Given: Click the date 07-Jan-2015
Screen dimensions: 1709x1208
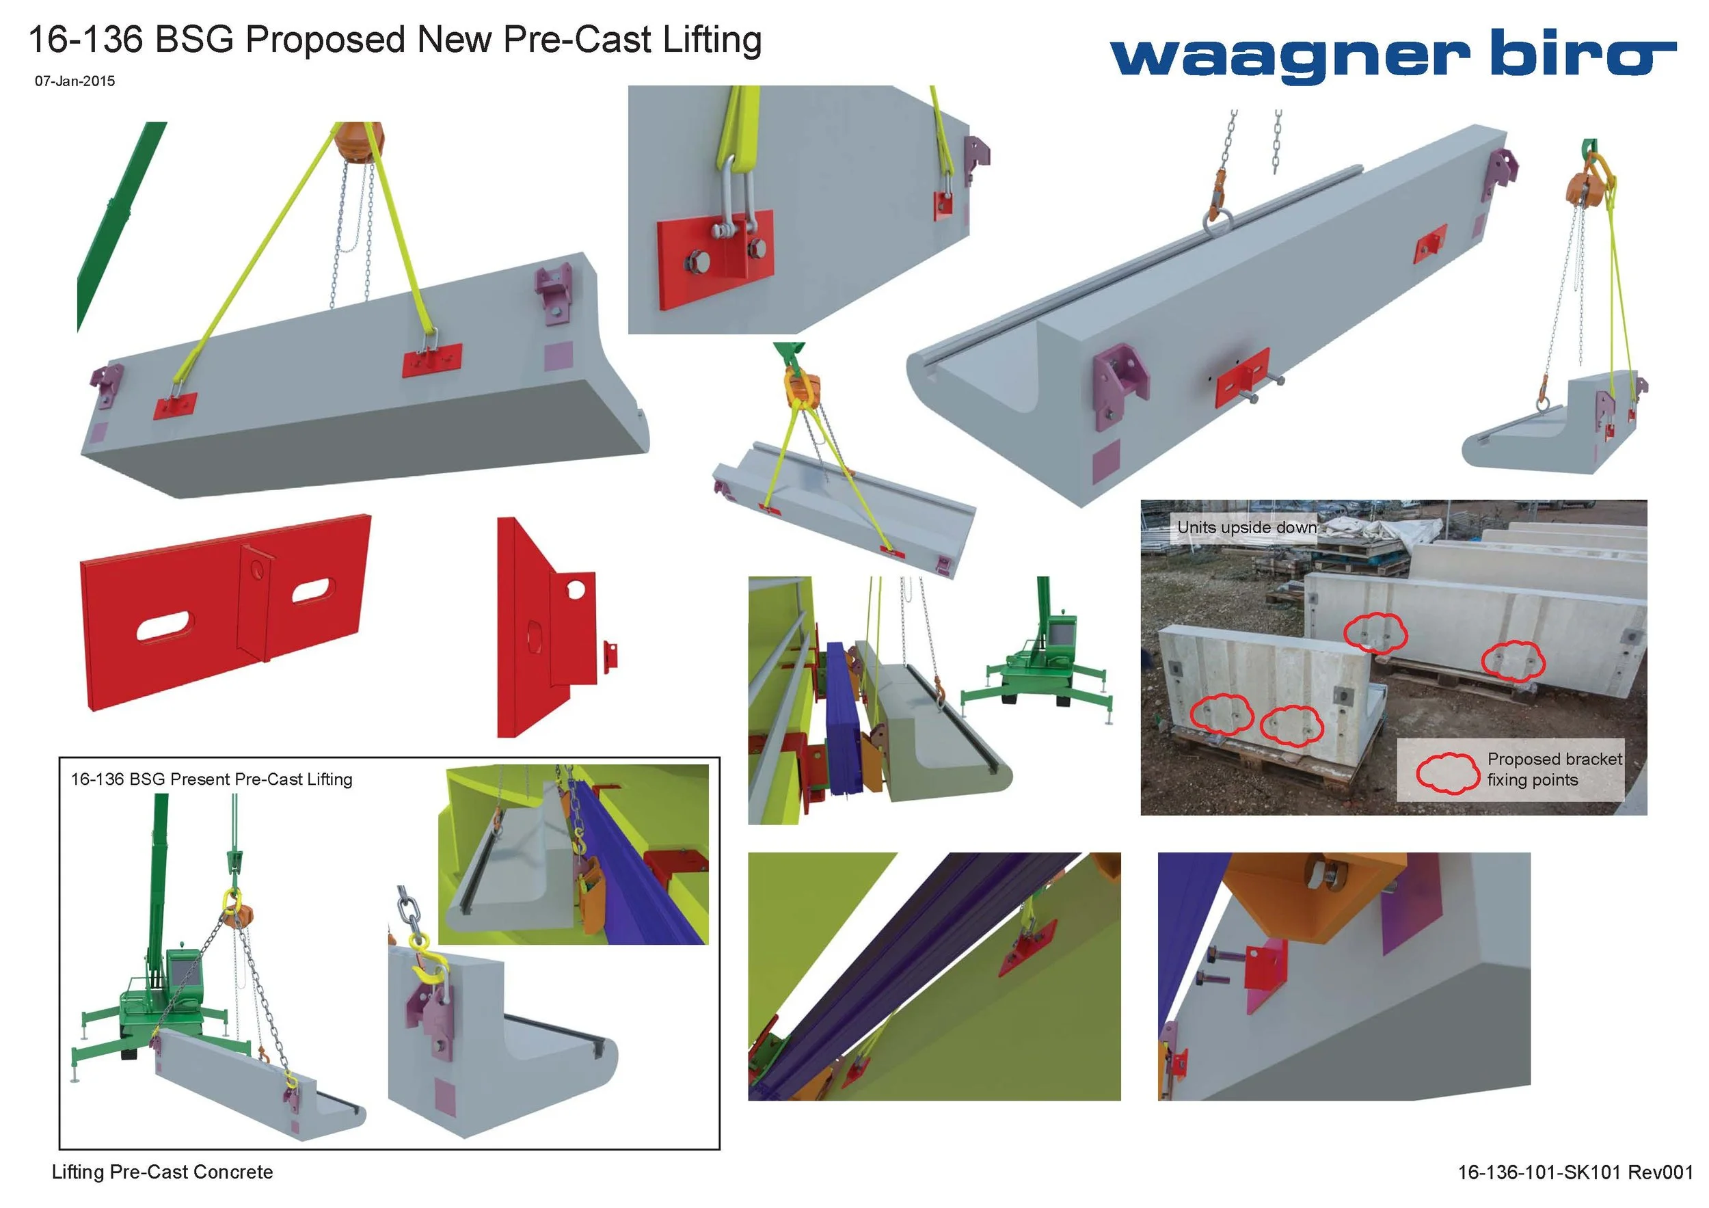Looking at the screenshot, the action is point(75,81).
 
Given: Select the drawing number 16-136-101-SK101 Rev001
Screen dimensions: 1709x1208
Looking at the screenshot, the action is point(1575,1172).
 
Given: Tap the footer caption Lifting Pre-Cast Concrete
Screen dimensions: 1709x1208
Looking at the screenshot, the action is point(162,1172).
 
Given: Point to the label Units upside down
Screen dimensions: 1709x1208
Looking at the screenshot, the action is point(1246,528).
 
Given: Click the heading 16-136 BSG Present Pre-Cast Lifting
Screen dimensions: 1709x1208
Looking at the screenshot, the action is point(211,779).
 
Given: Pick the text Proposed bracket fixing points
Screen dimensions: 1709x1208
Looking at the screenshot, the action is point(1555,769).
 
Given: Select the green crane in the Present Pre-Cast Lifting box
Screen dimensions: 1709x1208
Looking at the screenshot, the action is point(160,967).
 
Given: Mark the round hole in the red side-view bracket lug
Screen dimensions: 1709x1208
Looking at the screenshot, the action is point(575,590).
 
